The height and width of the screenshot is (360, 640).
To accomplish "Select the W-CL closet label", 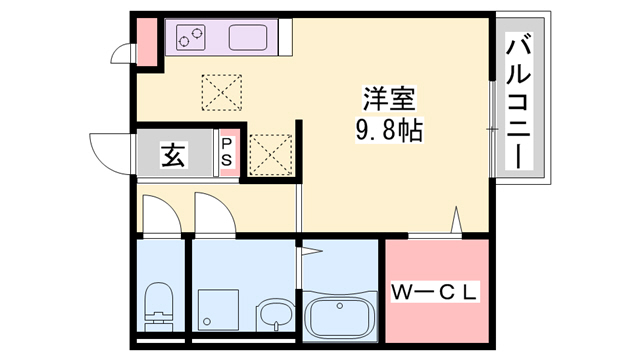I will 436,293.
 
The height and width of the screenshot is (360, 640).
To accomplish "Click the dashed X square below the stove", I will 221,93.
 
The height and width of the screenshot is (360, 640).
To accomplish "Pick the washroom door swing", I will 213,214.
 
